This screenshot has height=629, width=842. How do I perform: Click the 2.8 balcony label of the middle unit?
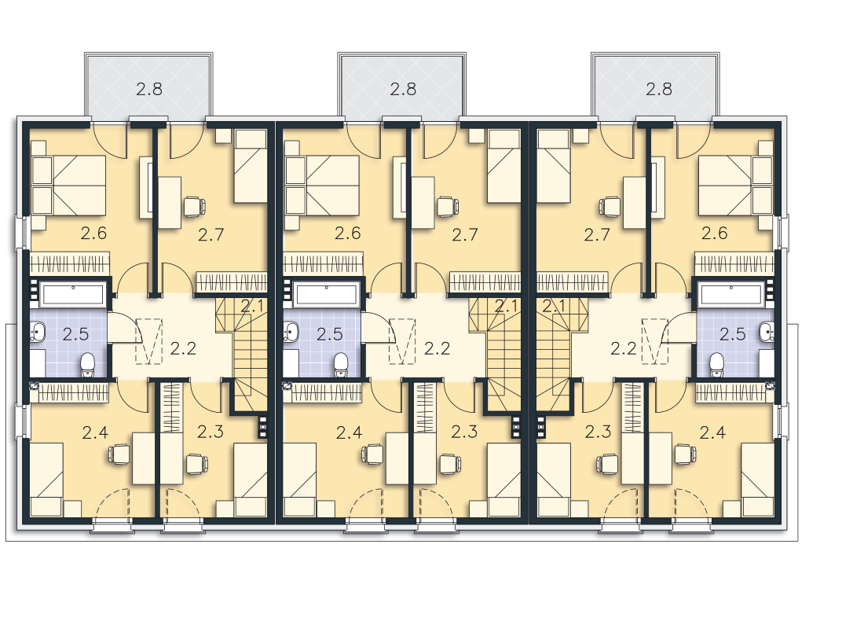[403, 89]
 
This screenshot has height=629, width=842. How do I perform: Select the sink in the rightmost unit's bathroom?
[767, 332]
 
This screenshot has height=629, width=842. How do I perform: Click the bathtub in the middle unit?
[327, 295]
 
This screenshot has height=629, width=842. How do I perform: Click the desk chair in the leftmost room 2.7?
[194, 206]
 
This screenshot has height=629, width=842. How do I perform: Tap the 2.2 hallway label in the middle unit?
[437, 349]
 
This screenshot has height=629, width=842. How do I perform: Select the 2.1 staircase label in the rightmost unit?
[554, 307]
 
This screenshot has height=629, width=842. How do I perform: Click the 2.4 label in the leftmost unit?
[96, 432]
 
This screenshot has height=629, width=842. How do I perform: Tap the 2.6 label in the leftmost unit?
[94, 234]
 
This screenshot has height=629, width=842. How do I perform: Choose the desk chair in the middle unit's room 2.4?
[374, 454]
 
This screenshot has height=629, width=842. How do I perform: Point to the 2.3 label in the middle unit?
[464, 432]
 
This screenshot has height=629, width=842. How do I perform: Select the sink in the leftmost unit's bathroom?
[37, 332]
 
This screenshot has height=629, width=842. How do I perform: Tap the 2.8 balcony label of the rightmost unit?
[659, 89]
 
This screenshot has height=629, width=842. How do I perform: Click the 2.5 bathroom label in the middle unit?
[330, 334]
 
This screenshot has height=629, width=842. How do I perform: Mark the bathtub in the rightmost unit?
[730, 295]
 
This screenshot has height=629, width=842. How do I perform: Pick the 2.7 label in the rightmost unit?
[597, 235]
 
